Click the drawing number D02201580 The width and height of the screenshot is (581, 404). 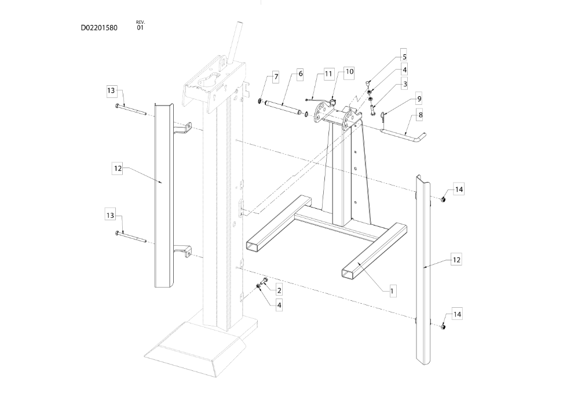[99, 28]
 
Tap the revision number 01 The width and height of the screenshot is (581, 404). [140, 28]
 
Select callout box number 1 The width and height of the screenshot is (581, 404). [392, 291]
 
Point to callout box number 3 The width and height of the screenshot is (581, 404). [405, 85]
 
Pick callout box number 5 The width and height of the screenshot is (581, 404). [404, 57]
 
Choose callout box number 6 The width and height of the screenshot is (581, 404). [300, 74]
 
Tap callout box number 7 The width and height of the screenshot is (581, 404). [276, 77]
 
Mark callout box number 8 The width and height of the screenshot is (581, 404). [420, 115]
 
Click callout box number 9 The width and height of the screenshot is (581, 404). [419, 99]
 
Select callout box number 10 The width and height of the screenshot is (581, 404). [349, 71]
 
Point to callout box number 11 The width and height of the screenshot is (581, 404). [328, 74]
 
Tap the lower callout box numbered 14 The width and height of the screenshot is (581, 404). [458, 314]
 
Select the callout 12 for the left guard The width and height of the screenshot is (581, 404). [118, 168]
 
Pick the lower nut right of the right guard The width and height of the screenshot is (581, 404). [442, 326]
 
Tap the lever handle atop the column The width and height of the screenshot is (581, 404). [236, 43]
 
